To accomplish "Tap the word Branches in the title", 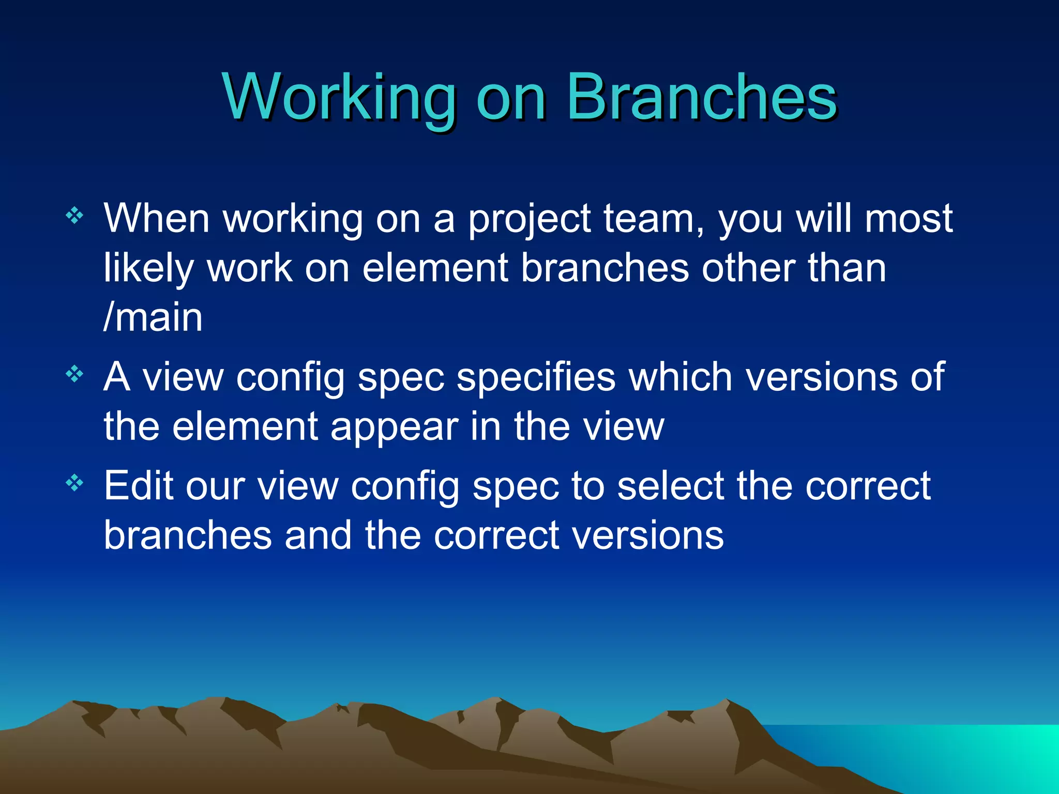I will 702,97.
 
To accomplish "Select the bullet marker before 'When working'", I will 75,215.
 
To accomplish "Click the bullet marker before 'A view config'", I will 75,374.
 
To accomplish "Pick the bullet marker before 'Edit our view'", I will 75,483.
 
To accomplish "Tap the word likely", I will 148,269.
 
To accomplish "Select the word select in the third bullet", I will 670,486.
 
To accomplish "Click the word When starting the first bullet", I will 156,218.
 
